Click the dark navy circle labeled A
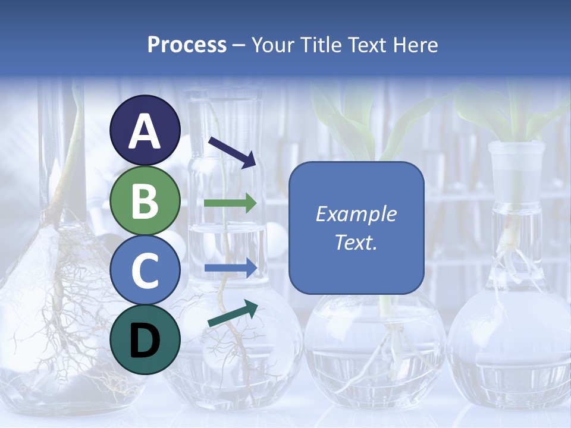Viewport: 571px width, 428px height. (145, 130)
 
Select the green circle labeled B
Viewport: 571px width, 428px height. (145, 201)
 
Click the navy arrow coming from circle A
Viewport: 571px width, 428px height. (232, 152)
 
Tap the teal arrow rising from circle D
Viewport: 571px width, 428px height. (233, 313)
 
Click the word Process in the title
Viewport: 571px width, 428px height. (187, 45)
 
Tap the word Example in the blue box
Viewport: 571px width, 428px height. (356, 214)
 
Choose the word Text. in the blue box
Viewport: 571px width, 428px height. (356, 243)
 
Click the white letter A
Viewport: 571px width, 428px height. (145, 131)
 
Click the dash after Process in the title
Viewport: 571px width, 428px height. (239, 46)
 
